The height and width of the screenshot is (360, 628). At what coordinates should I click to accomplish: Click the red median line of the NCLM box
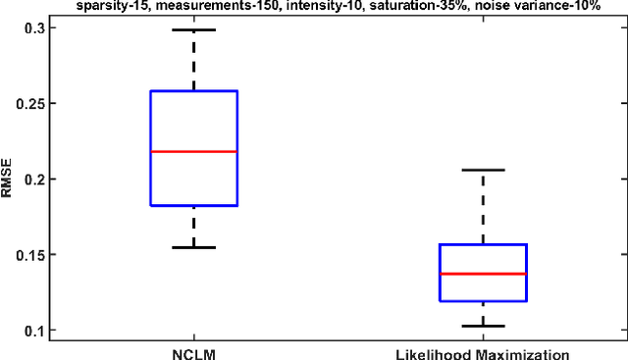coord(193,151)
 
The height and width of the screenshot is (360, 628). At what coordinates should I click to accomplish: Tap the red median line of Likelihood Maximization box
coord(483,274)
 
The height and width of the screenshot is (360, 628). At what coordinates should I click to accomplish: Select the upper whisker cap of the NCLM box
coord(193,30)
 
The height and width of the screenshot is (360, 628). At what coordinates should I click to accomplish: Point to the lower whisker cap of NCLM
coord(193,247)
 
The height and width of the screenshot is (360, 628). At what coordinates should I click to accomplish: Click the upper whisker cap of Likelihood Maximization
coord(483,170)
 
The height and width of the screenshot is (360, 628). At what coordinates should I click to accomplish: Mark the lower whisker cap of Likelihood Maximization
coord(483,326)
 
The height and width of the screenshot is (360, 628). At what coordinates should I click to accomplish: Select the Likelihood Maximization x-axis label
coord(483,351)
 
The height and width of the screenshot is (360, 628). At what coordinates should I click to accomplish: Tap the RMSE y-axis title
coord(9,179)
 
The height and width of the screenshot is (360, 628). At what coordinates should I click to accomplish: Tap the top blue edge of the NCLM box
coord(193,91)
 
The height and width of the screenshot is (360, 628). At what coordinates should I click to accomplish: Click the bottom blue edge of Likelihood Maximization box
coord(483,301)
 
